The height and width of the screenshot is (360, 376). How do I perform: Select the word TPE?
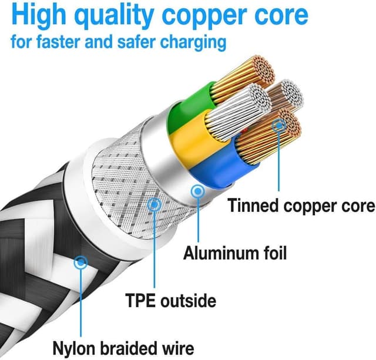click(x=141, y=301)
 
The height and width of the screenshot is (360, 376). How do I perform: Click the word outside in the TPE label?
click(x=187, y=301)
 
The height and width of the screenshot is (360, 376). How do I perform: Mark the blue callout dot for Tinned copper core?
click(x=279, y=125)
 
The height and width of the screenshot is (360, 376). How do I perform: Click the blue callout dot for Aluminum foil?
click(x=197, y=191)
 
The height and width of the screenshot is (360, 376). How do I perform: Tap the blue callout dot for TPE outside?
click(x=155, y=204)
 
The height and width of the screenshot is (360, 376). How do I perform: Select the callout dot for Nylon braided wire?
click(x=81, y=261)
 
